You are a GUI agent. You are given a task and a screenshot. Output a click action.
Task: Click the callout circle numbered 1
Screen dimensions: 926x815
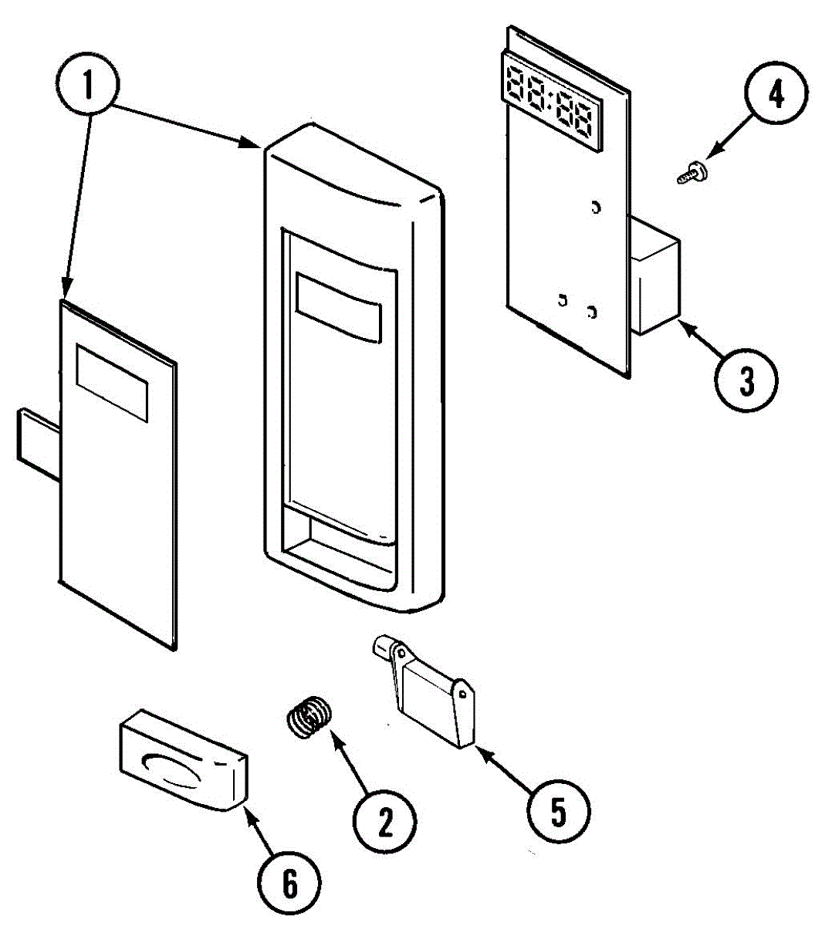pyautogui.click(x=88, y=84)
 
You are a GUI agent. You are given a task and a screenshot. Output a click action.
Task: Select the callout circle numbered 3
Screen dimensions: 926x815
pyautogui.click(x=746, y=381)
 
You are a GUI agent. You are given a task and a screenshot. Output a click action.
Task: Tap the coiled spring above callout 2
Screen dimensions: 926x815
pyautogui.click(x=309, y=718)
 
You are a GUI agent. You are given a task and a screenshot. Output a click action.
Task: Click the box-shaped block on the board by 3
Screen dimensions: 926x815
pyautogui.click(x=656, y=276)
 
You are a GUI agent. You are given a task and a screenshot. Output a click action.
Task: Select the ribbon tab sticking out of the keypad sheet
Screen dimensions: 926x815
pyautogui.click(x=37, y=438)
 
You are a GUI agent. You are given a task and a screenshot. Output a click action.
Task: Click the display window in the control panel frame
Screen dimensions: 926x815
pyautogui.click(x=338, y=306)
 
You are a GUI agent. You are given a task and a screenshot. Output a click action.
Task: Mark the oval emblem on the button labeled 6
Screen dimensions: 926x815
pyautogui.click(x=171, y=763)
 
